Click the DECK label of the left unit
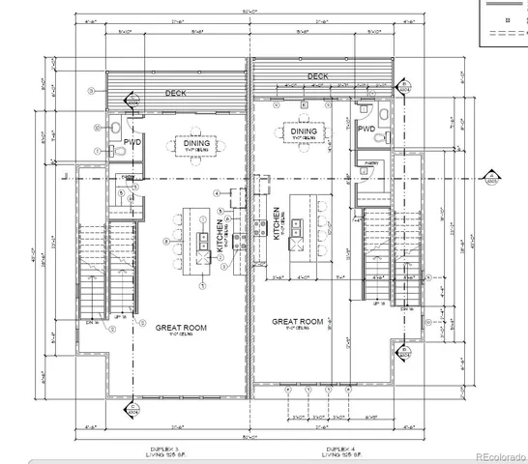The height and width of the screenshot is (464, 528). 175,94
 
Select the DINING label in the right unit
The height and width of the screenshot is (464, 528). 304,131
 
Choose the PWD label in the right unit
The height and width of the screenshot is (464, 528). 367,129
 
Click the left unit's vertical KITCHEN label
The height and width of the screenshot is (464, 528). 220,235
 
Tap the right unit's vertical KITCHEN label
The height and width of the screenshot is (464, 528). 278,223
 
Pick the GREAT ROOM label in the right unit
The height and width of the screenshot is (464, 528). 297,322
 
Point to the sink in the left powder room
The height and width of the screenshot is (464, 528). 114,149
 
